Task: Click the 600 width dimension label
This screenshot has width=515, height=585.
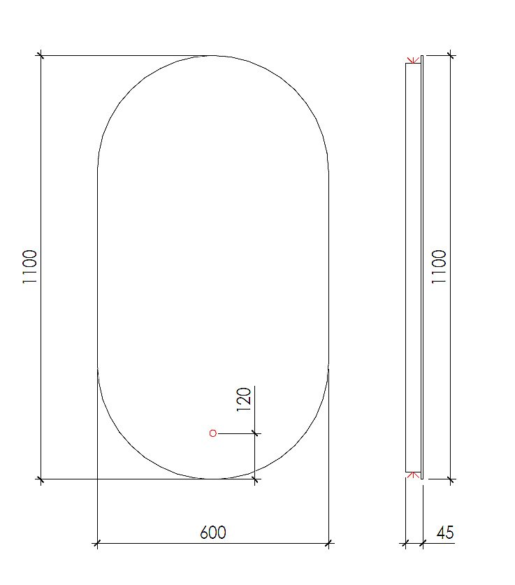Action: [x=213, y=533]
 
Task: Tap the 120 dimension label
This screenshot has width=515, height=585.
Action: [x=244, y=401]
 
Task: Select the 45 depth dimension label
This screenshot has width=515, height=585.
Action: [x=445, y=533]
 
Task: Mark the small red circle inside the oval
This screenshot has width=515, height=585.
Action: [x=213, y=433]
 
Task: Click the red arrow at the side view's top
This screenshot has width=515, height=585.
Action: [x=413, y=59]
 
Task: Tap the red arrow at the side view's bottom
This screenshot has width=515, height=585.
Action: [x=413, y=475]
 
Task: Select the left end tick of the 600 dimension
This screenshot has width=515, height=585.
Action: [x=97, y=542]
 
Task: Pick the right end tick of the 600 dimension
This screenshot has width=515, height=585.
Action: [x=329, y=542]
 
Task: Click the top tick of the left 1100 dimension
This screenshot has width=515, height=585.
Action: [x=41, y=55]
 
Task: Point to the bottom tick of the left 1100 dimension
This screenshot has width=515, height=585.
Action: [x=41, y=479]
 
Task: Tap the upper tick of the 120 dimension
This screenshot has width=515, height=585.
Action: [x=255, y=433]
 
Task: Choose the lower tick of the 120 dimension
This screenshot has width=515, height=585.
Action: [x=255, y=479]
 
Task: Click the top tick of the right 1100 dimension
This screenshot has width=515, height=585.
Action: [x=451, y=55]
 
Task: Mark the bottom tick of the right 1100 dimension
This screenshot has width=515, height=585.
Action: [x=451, y=479]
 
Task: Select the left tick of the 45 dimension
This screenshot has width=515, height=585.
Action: [x=405, y=542]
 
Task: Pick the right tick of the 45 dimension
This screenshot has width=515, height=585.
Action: [x=422, y=542]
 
